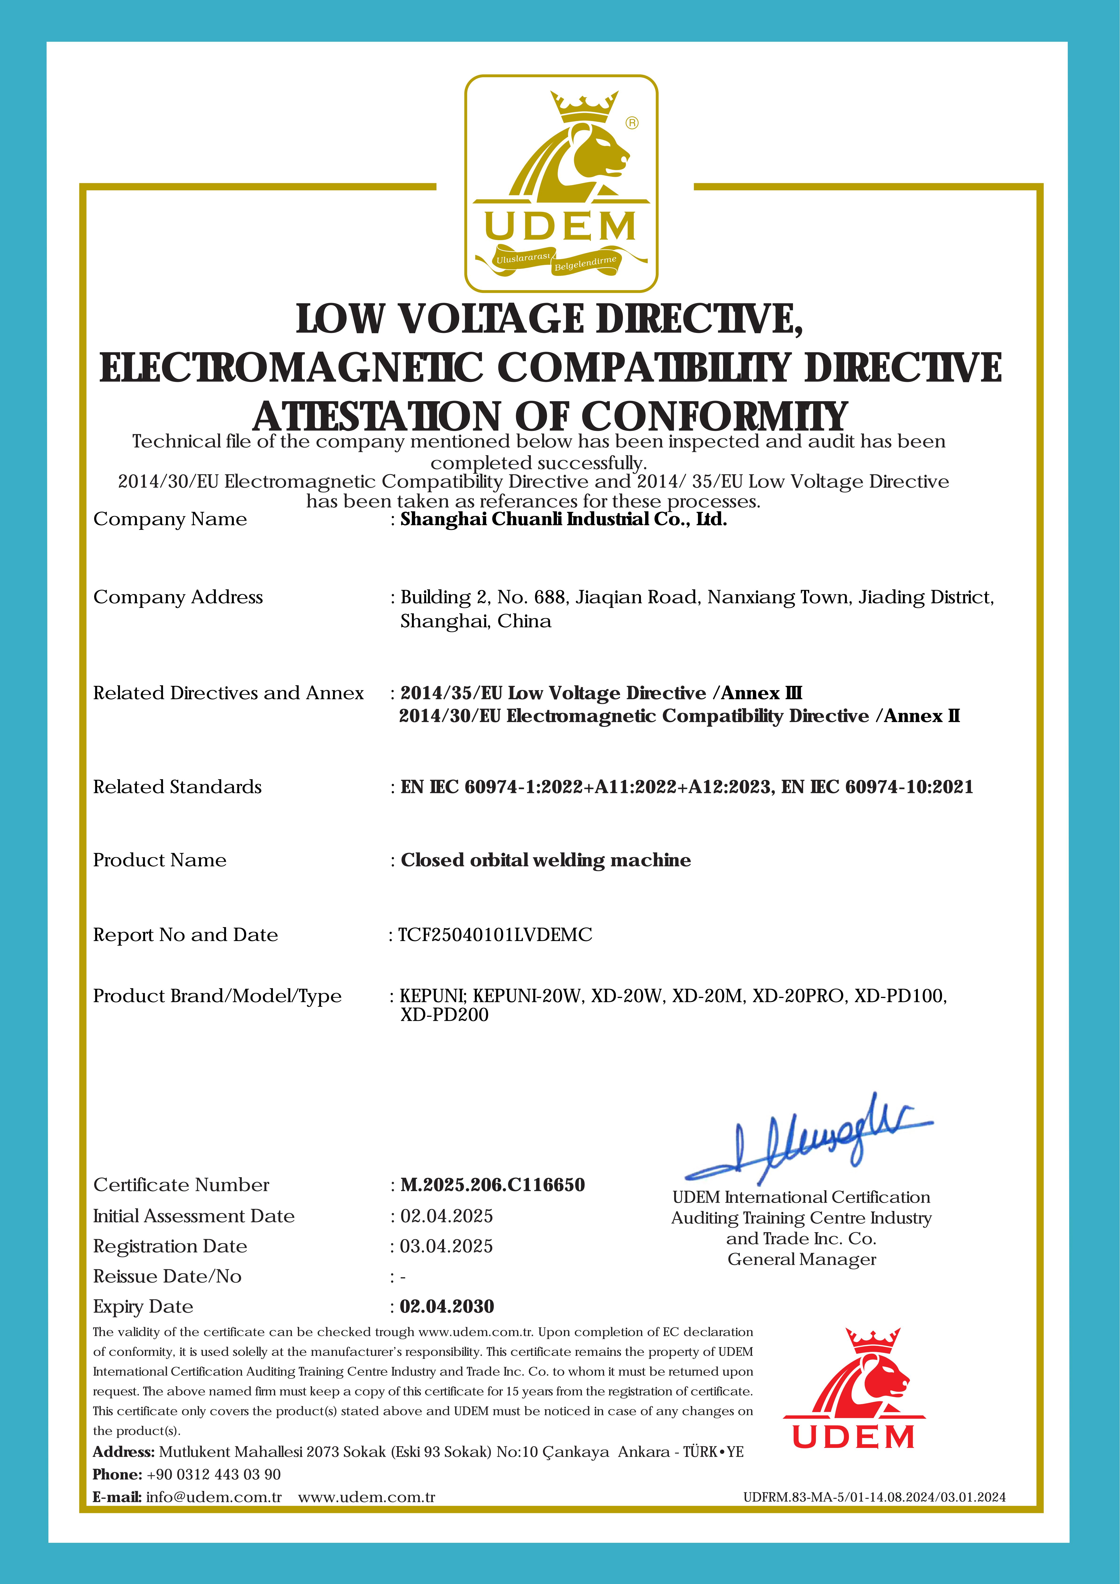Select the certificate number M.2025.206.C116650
coord(492,1184)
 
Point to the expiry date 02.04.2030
coord(447,1306)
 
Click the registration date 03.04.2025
coord(446,1246)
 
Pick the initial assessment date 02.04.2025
coord(446,1216)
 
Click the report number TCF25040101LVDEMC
coord(495,935)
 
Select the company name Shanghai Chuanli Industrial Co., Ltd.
coord(564,519)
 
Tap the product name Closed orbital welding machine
coord(545,860)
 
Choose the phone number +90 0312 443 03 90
coord(214,1474)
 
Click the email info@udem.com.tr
coord(214,1497)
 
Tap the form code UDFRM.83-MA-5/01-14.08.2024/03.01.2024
coord(874,1497)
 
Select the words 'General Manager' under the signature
coord(801,1259)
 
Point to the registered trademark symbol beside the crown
coord(632,123)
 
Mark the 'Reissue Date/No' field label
coord(167,1276)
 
